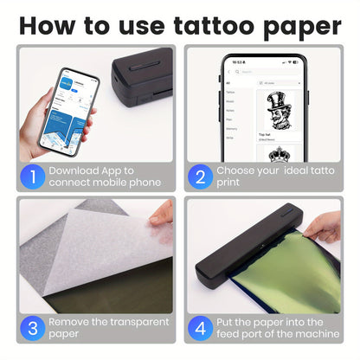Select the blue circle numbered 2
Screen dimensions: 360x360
tap(199, 176)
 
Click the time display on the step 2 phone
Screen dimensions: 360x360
tap(235, 63)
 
